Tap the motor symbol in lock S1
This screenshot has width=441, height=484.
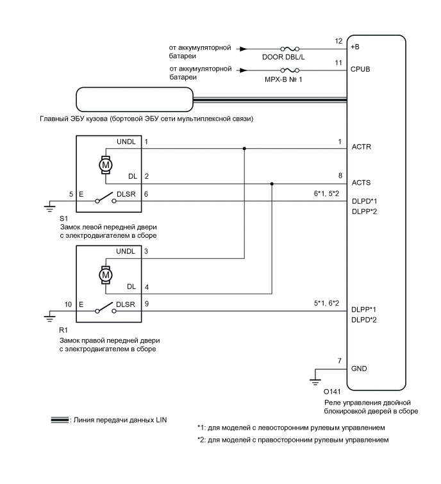(x=105, y=165)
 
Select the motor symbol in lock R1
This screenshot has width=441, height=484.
(x=105, y=274)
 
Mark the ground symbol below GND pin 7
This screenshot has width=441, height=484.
(x=315, y=382)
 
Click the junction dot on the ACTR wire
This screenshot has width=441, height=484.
(x=244, y=147)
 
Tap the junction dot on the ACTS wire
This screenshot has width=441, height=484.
(x=272, y=183)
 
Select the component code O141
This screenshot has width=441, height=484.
(x=333, y=391)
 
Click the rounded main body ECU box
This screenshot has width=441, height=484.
(x=134, y=99)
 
